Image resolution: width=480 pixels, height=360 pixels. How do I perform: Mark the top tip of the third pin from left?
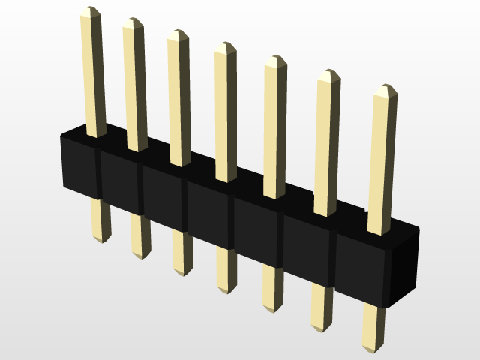tap(178, 34)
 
